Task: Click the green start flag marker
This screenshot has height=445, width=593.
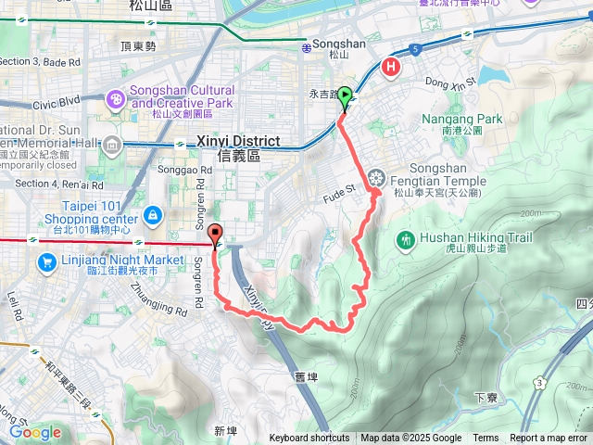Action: tap(345, 95)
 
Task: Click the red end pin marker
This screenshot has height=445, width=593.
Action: tap(216, 235)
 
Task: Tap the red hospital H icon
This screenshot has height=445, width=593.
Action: tap(392, 67)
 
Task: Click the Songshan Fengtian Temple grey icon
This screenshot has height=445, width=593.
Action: tap(375, 176)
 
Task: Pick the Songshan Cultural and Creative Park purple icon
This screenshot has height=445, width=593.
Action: tap(117, 96)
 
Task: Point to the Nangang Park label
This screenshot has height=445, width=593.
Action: tap(461, 119)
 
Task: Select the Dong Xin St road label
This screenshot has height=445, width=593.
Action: tap(450, 83)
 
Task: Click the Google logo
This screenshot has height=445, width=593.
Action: tap(35, 432)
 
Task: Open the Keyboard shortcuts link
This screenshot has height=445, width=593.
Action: tap(309, 439)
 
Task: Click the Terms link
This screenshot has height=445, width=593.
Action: tap(486, 439)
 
